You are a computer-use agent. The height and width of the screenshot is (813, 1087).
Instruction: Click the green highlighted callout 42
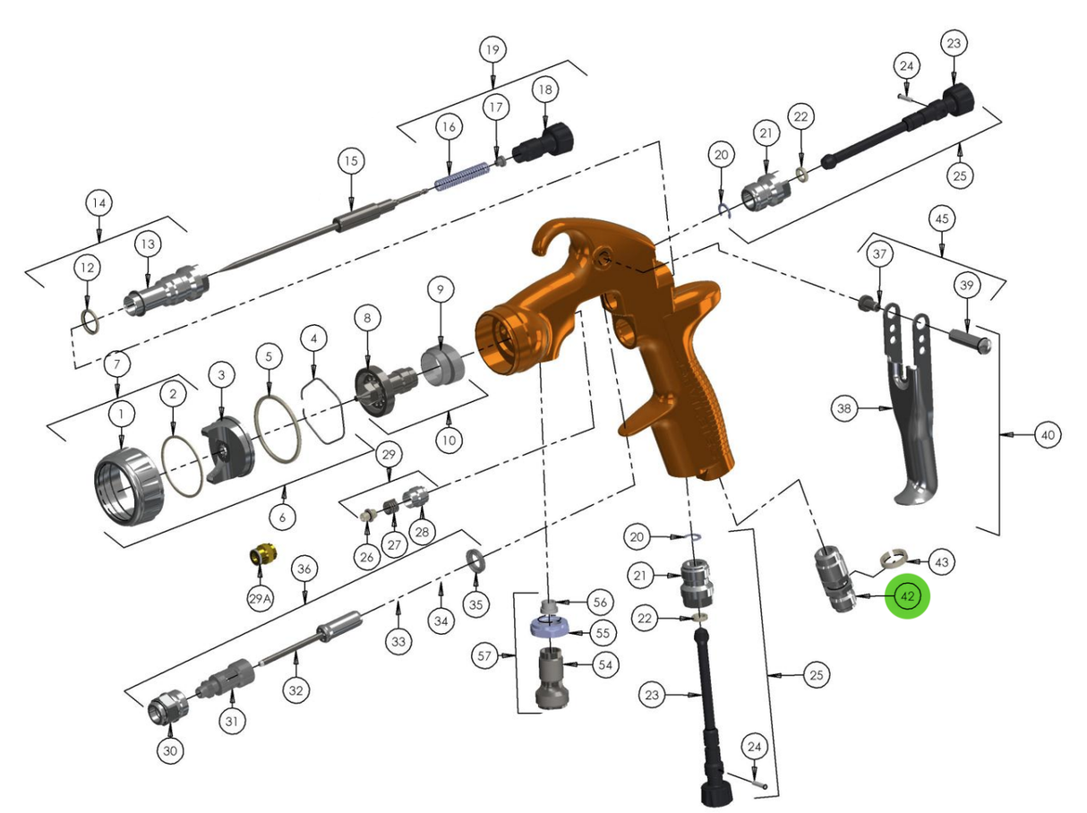pos(908,596)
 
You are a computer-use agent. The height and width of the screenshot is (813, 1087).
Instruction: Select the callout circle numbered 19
pos(491,49)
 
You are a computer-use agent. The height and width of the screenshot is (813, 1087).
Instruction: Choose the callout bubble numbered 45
pos(941,218)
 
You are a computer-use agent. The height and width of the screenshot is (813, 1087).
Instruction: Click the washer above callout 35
pos(475,561)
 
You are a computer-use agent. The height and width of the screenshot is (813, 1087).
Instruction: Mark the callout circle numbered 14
pos(99,203)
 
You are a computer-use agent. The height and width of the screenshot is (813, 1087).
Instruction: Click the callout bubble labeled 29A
pos(260,597)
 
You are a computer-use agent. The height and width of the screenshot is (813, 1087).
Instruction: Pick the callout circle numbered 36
pos(304,569)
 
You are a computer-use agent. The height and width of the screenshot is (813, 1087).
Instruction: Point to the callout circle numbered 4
pos(313,339)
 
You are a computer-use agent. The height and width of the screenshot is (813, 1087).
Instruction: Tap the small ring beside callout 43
pos(892,559)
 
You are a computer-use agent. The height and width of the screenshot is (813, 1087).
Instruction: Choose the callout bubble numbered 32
pos(296,690)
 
